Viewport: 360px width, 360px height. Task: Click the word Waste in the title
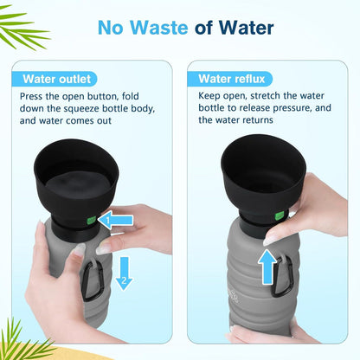click(x=158, y=28)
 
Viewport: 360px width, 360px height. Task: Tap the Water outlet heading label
click(x=57, y=79)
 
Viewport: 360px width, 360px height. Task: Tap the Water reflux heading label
click(x=232, y=79)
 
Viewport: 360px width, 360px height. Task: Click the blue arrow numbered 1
click(x=115, y=221)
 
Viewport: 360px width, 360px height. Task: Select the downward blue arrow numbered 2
click(x=124, y=273)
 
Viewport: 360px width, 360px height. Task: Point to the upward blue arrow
click(x=267, y=267)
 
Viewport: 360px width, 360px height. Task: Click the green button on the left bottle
click(x=91, y=221)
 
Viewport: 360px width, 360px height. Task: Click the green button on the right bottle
click(x=280, y=215)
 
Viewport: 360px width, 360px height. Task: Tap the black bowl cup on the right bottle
click(x=263, y=180)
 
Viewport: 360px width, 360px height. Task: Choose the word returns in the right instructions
click(x=257, y=120)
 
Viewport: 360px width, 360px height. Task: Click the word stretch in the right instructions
click(x=266, y=96)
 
